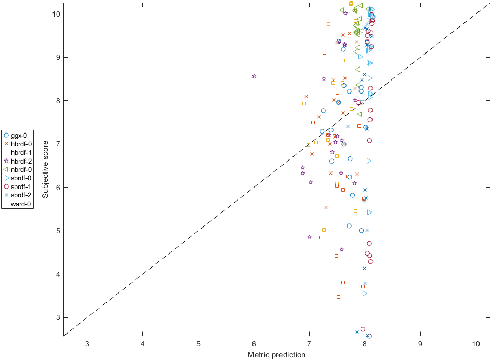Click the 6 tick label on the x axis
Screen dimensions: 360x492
click(254, 343)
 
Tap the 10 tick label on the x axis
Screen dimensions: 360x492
click(476, 343)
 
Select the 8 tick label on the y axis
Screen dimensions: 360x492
click(56, 101)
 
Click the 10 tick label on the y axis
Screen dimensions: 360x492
click(55, 14)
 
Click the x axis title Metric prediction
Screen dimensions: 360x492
click(276, 354)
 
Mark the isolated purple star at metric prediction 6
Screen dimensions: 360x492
click(254, 76)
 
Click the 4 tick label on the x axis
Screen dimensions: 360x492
click(142, 343)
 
